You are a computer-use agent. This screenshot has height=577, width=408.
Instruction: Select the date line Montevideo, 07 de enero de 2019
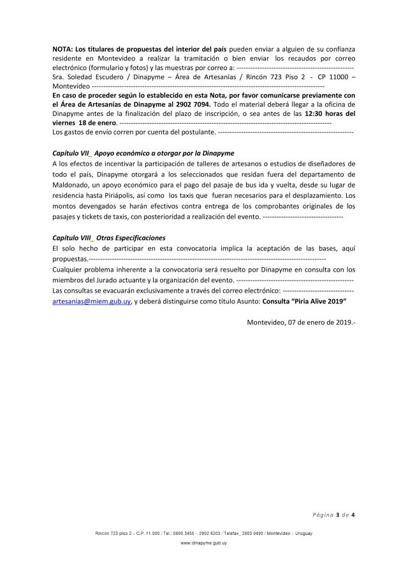tap(300, 321)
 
